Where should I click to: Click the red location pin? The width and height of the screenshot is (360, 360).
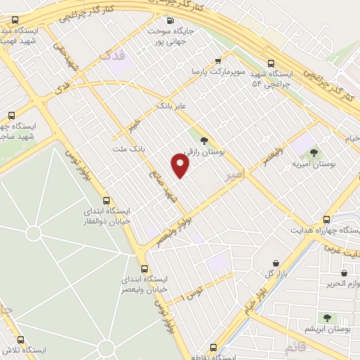181,166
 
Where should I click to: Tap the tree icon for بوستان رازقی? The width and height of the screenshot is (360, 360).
204,141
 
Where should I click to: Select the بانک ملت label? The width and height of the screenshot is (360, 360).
128,149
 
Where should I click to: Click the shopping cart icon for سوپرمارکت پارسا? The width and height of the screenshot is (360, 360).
218,60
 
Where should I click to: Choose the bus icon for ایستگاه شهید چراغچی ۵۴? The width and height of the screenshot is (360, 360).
271,61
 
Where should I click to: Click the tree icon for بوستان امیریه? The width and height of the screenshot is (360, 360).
314,152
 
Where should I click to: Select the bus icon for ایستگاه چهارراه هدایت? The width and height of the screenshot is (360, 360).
326,219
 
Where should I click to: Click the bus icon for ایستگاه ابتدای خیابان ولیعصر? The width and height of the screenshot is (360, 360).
144,268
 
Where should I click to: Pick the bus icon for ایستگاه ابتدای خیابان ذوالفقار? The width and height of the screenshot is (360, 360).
107,200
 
